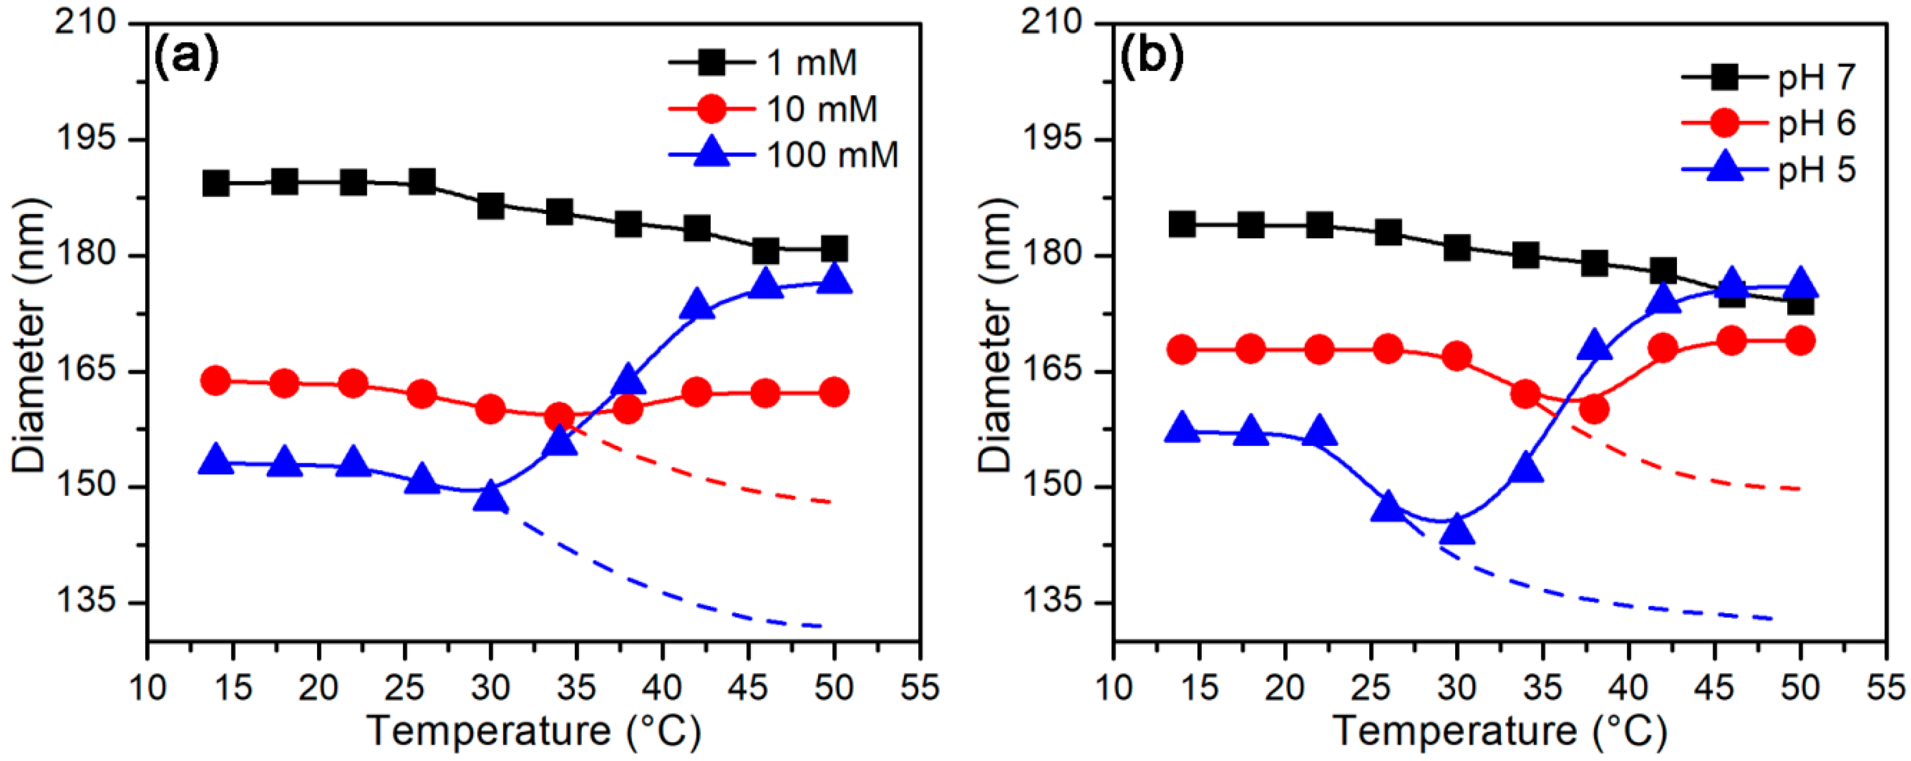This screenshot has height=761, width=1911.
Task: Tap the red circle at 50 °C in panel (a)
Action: (x=834, y=392)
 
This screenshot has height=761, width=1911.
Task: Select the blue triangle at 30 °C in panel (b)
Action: (x=1457, y=528)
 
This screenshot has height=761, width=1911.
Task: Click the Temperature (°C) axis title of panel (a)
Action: (x=534, y=731)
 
